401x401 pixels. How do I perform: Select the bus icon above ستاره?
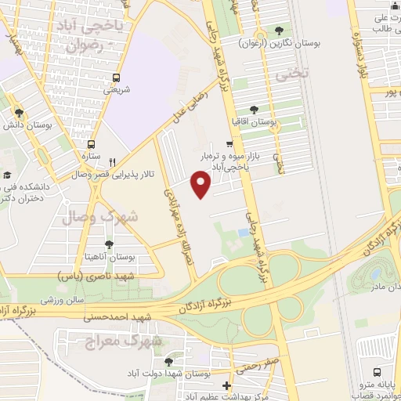pos(91,145)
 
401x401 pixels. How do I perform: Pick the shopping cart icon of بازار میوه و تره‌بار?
pos(229,143)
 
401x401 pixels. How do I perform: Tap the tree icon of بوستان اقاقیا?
pos(252,110)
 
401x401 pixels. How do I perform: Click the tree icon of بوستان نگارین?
pos(280,31)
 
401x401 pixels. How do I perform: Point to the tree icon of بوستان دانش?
pos(19,112)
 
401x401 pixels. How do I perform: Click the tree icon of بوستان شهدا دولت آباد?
pos(169,361)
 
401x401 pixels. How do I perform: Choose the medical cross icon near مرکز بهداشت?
pos(226,386)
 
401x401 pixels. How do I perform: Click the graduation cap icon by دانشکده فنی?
pos(8,175)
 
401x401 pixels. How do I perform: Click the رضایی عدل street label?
pos(187,107)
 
